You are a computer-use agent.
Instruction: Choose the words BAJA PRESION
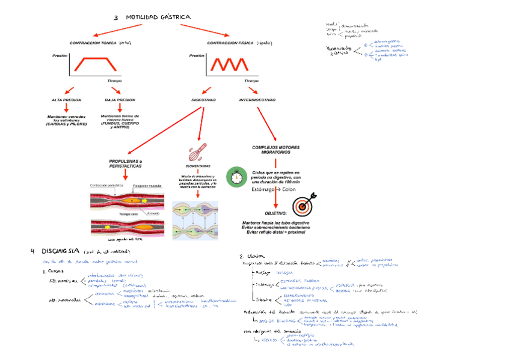pyautogui.click(x=120, y=100)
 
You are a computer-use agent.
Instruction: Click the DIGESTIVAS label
pyautogui.click(x=203, y=100)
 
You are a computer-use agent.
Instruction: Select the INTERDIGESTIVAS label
pyautogui.click(x=257, y=100)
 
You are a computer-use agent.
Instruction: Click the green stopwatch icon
pyautogui.click(x=235, y=177)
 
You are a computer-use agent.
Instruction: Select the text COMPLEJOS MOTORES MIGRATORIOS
pyautogui.click(x=275, y=150)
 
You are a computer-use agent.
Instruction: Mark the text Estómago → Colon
pyautogui.click(x=274, y=190)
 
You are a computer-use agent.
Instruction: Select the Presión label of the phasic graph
pyautogui.click(x=197, y=55)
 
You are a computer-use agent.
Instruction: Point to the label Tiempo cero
pyautogui.click(x=128, y=214)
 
